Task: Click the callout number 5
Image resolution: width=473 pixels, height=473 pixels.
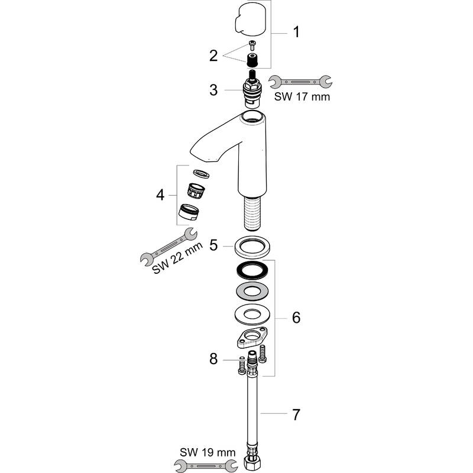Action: coord(215,244)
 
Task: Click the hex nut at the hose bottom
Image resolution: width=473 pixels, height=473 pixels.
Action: coord(250,461)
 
